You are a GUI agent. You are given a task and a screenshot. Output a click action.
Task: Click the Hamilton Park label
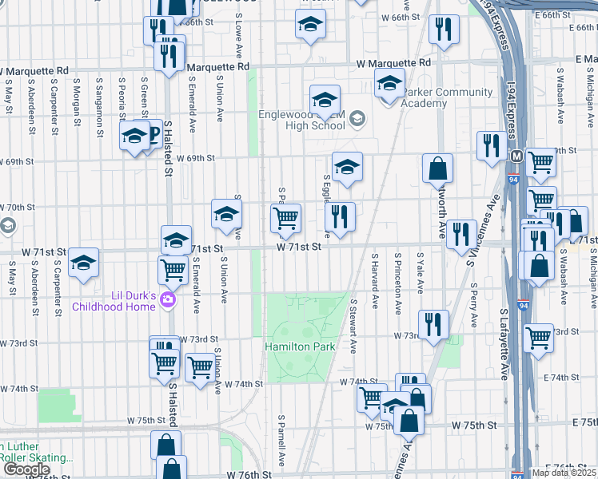pyautogui.click(x=300, y=347)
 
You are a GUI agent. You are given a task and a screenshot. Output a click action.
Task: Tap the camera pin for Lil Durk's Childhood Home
pyautogui.click(x=167, y=300)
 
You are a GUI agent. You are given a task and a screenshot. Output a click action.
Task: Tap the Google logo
pyautogui.click(x=26, y=469)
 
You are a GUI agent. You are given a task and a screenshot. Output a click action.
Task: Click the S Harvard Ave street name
pyautogui.click(x=374, y=280)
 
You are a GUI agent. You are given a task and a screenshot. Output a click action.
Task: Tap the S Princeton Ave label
pyautogui.click(x=397, y=280)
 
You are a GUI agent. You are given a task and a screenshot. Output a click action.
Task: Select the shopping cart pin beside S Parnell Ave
pyautogui.click(x=285, y=218)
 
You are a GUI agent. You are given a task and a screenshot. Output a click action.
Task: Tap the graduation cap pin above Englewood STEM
pyautogui.click(x=325, y=101)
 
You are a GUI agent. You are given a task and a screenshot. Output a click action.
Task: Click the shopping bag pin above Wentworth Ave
pyautogui.click(x=438, y=169)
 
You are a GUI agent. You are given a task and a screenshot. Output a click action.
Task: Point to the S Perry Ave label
pyautogui.click(x=473, y=296)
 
